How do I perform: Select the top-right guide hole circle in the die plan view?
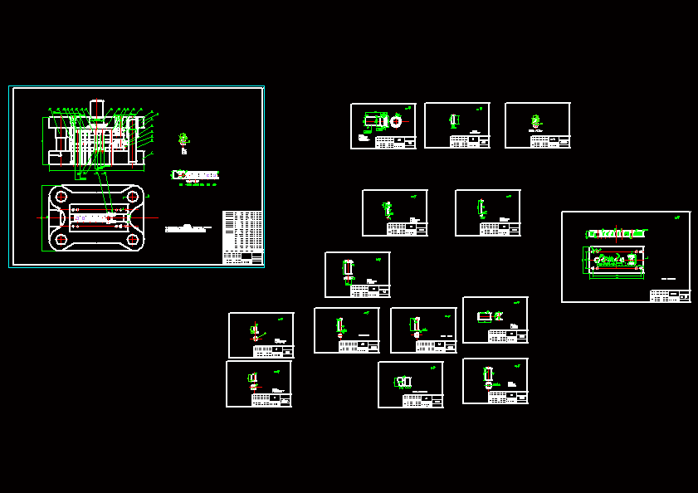point(132,197)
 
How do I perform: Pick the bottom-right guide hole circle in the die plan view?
point(132,240)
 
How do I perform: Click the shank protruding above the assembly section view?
point(96,108)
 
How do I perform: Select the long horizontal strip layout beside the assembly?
point(196,175)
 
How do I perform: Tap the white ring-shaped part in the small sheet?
point(396,121)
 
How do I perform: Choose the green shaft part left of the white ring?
point(375,121)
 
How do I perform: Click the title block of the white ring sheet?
point(395,142)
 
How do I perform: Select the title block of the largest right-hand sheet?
point(670,295)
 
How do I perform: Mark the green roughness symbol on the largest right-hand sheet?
point(677,217)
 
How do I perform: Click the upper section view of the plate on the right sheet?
point(615,234)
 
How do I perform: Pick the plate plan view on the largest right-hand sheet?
point(615,260)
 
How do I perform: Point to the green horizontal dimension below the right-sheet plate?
point(615,277)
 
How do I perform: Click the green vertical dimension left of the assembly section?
point(43,141)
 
